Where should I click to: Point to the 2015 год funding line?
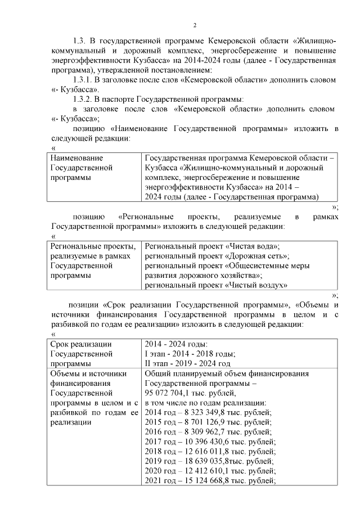[208, 422]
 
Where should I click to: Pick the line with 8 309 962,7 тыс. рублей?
[208, 432]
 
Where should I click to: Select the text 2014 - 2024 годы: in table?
[176, 344]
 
